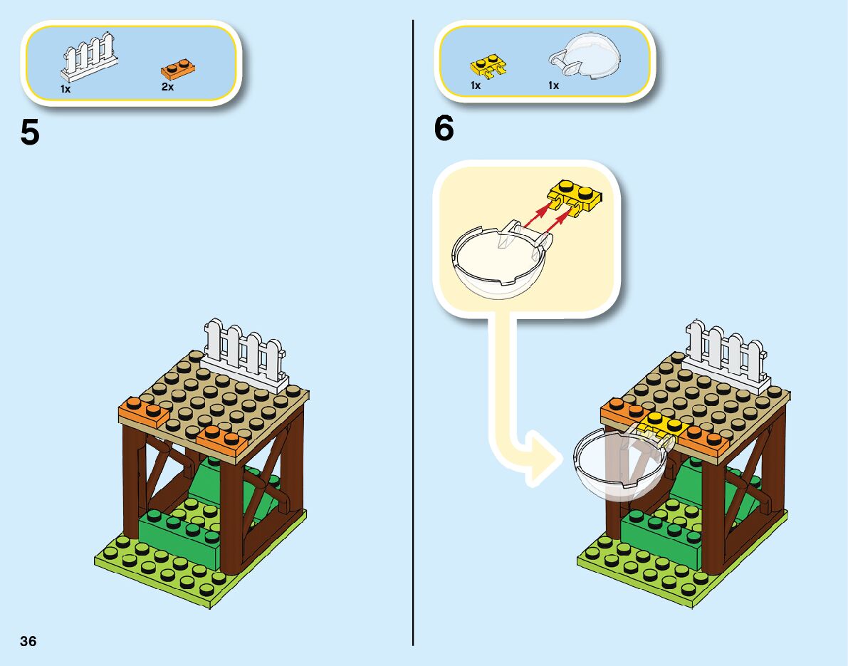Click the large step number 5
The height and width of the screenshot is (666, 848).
30,132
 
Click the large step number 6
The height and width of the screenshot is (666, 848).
444,129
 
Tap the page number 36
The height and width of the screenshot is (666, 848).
28,641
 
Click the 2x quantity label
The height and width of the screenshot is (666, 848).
168,87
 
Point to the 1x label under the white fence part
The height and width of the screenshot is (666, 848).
66,89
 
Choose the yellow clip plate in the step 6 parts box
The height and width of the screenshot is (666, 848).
488,66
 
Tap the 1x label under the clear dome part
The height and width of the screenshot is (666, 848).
553,85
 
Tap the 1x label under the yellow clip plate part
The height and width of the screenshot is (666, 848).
476,85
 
